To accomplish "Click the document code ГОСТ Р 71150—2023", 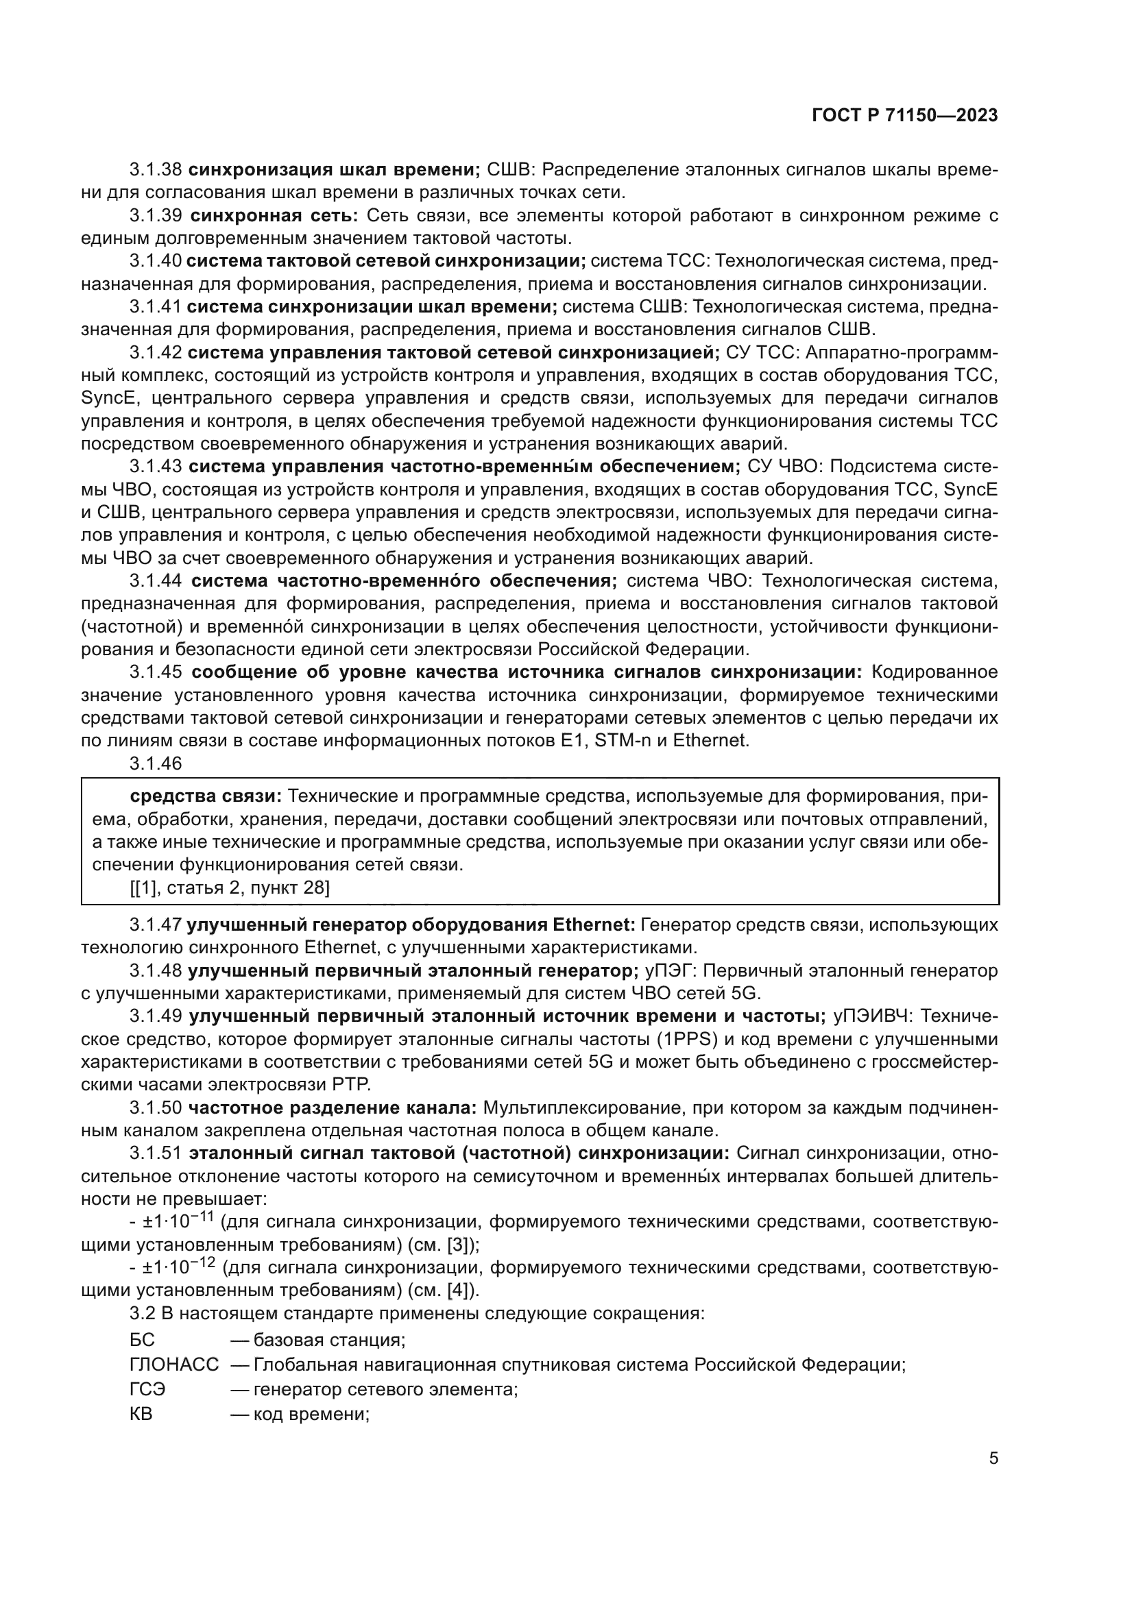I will (x=904, y=116).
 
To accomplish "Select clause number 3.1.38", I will (x=156, y=170).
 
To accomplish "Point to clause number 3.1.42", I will (x=155, y=352).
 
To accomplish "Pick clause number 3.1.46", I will (x=155, y=763).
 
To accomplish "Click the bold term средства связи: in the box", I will (x=205, y=796).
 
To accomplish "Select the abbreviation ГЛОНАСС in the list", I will (x=174, y=1365).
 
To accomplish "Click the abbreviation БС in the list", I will (x=142, y=1341).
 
